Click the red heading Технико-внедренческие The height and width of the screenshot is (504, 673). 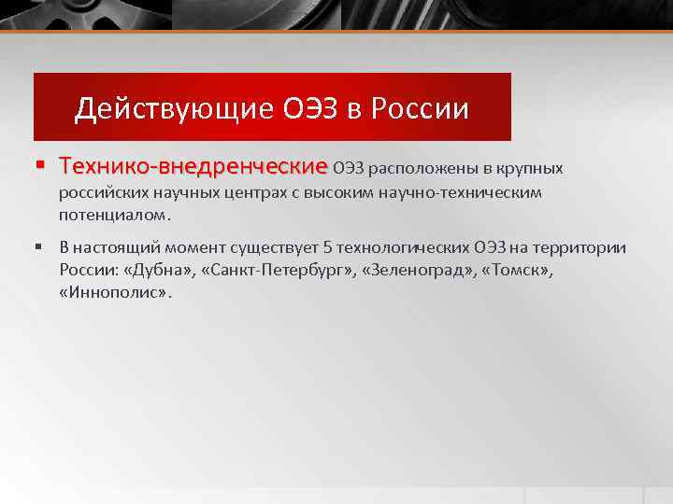tap(193, 168)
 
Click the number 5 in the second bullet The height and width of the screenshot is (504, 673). tap(327, 248)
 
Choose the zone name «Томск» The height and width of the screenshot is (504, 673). tap(514, 270)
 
